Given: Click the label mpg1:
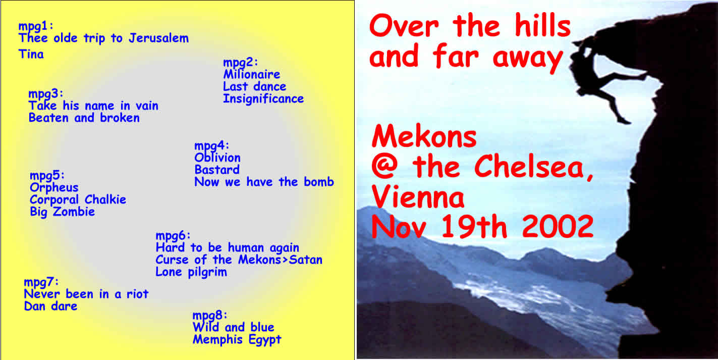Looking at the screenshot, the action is click(x=36, y=26).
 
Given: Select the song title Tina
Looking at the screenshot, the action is click(x=31, y=54).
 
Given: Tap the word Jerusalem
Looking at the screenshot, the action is click(x=158, y=38).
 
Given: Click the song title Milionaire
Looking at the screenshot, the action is click(x=252, y=74).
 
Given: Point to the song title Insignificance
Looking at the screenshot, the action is click(x=263, y=99).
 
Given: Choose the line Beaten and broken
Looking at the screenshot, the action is click(x=84, y=118).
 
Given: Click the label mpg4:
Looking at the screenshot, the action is click(x=211, y=146).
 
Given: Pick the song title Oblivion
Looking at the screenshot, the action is click(x=217, y=158).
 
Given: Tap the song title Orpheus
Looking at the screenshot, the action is click(x=54, y=188).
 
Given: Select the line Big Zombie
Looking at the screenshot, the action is click(x=62, y=212).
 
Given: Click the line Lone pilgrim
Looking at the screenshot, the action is click(x=191, y=273).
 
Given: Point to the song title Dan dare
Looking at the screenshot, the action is click(x=50, y=306).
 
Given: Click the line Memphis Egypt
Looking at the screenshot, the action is click(x=237, y=340).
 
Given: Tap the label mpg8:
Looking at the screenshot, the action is click(x=210, y=316).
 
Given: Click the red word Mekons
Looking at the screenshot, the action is click(x=424, y=136).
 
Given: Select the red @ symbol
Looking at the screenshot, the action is click(x=384, y=166).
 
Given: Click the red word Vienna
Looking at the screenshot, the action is click(x=418, y=196).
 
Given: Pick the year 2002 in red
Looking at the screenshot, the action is click(x=558, y=226).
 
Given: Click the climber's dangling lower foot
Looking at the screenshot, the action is click(x=624, y=121).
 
